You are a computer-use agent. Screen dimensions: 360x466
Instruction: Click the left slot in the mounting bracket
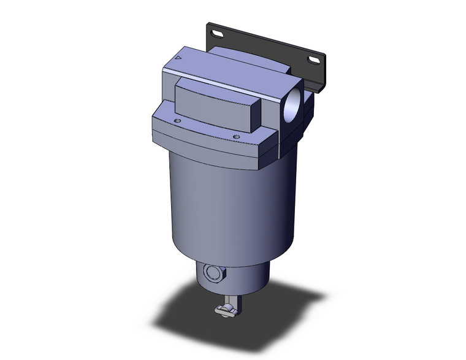(216, 33)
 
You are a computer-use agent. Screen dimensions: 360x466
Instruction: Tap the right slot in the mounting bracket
(316, 59)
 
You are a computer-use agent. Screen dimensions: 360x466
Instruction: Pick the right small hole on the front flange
(235, 136)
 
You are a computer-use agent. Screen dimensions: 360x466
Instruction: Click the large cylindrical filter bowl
(230, 202)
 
